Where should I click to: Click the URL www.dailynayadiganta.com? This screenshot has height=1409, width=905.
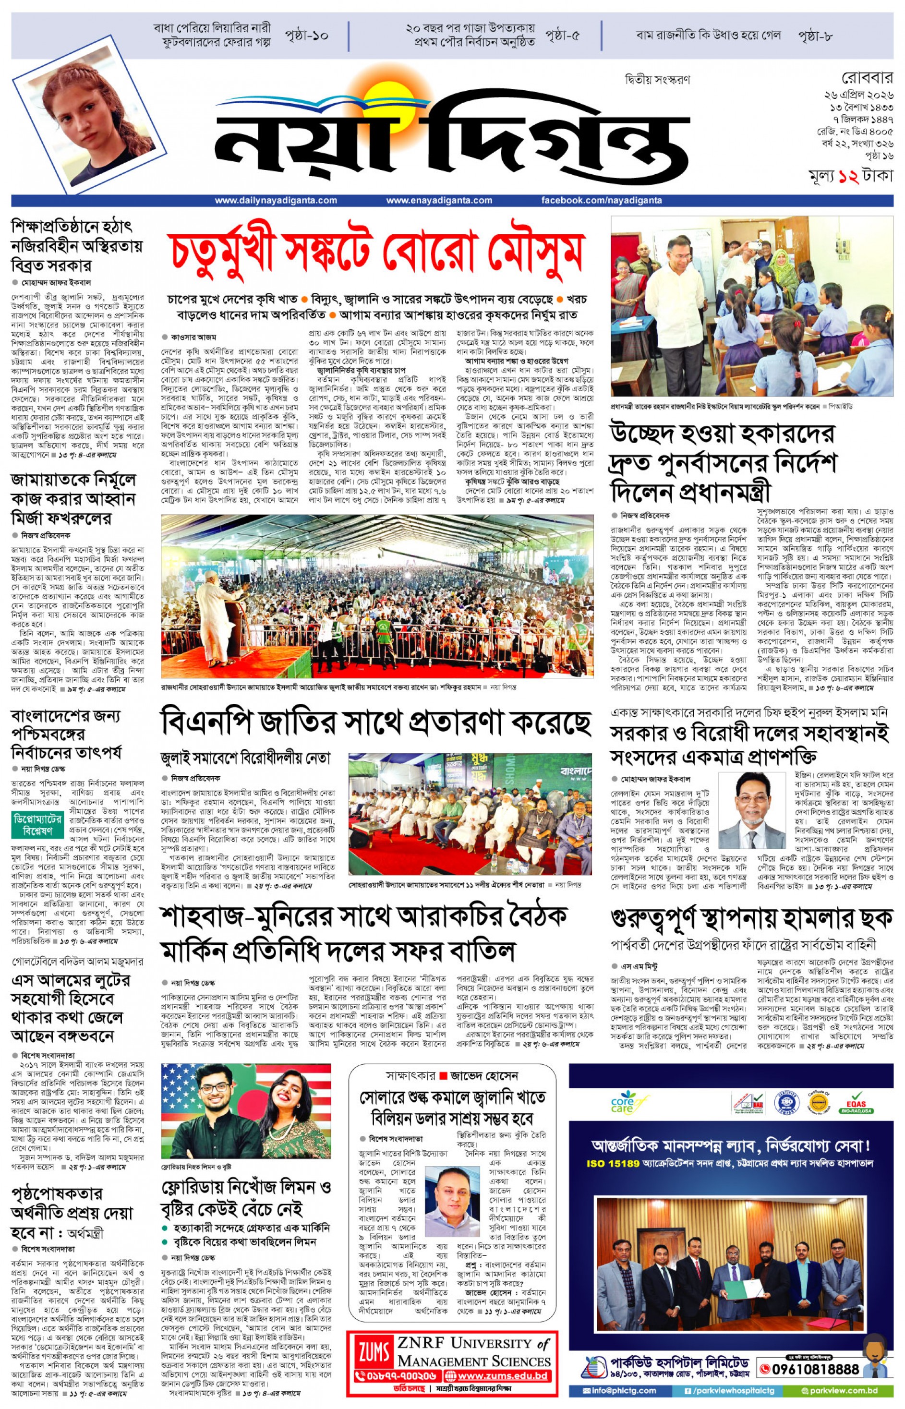tap(276, 200)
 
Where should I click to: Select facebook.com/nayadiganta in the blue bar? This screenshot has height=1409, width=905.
tap(601, 200)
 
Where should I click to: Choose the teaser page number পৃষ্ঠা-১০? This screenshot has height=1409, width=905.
tap(306, 35)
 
